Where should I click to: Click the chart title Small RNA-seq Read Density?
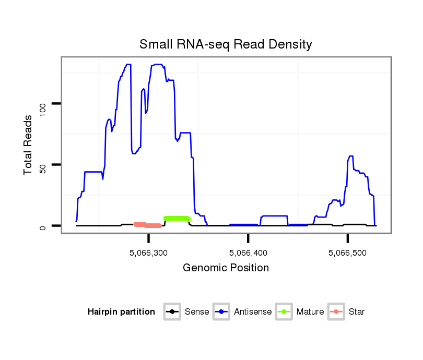point(226,44)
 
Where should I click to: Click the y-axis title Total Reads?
point(29,145)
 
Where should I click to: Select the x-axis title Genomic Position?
point(226,268)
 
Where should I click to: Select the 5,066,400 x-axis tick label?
point(249,253)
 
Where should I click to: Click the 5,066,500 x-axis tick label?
point(348,253)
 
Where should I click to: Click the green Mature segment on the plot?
point(176,218)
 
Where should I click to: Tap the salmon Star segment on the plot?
point(148,225)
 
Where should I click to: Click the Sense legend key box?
point(172,312)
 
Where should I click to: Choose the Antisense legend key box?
point(221,312)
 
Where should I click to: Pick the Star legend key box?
point(336,312)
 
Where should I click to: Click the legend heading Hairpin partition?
point(121,312)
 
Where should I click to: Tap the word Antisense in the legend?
point(253,312)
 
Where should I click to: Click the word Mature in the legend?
point(310,312)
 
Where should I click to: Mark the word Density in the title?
point(289,44)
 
